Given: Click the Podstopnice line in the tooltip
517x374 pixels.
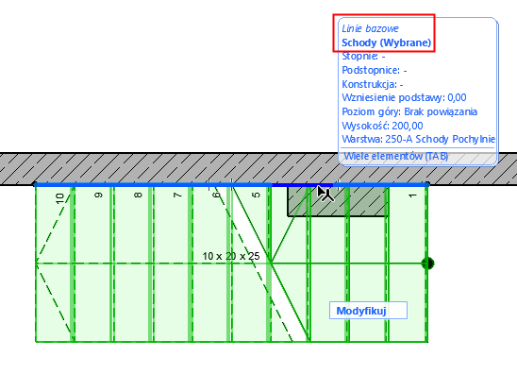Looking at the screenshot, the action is [x=375, y=70].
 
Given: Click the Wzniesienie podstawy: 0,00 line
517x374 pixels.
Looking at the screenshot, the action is [x=404, y=97].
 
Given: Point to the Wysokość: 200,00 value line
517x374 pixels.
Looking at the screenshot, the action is [x=381, y=125].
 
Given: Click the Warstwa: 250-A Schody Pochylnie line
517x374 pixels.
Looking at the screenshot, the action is [x=416, y=139].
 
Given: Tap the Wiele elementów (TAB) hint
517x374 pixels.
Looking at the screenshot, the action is [x=396, y=156].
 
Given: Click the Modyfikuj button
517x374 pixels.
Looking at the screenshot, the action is [x=367, y=311].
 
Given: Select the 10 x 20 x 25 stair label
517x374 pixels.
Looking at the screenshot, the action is [x=230, y=256].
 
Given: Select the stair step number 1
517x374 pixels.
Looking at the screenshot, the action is [x=412, y=196].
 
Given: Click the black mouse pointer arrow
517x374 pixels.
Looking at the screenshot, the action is [x=323, y=192].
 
